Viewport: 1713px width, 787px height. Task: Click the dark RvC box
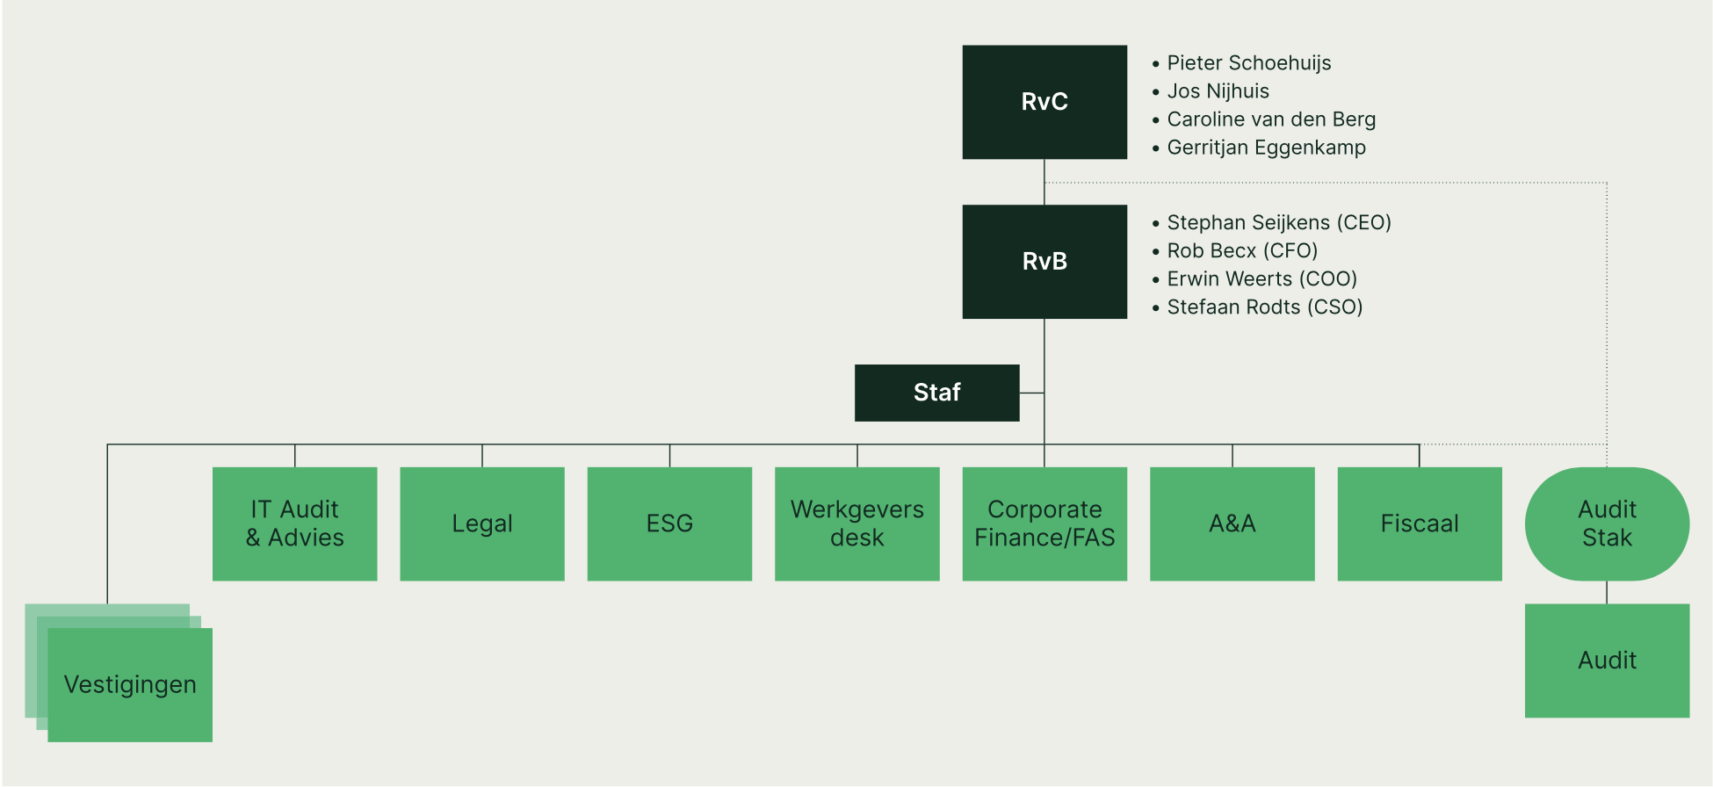click(x=1044, y=102)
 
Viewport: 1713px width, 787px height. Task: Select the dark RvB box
click(x=1044, y=262)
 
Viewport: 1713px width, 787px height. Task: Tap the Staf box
click(x=936, y=393)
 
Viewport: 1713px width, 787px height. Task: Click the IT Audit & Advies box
click(x=295, y=523)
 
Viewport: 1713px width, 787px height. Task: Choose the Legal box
click(x=482, y=523)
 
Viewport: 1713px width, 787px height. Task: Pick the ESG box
click(x=669, y=523)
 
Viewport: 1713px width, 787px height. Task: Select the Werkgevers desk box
click(x=857, y=523)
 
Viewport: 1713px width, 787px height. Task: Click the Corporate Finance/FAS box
click(x=1044, y=523)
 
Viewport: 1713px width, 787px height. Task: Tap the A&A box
click(x=1232, y=523)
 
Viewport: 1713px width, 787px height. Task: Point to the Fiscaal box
click(x=1420, y=523)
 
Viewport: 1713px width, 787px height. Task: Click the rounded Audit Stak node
click(x=1607, y=523)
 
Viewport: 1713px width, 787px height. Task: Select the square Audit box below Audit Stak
click(x=1607, y=661)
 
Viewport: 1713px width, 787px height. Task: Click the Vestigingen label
click(x=130, y=685)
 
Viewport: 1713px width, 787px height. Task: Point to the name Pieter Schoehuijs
click(x=1248, y=63)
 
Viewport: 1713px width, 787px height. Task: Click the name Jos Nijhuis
click(x=1218, y=91)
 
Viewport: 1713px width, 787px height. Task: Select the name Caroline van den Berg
click(x=1271, y=119)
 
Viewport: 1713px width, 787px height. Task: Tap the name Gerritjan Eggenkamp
click(x=1266, y=148)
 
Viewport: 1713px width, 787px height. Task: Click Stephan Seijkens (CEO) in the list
click(x=1279, y=223)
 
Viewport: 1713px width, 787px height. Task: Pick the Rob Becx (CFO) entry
click(x=1242, y=251)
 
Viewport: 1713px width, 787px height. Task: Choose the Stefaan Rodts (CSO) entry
click(x=1264, y=307)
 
